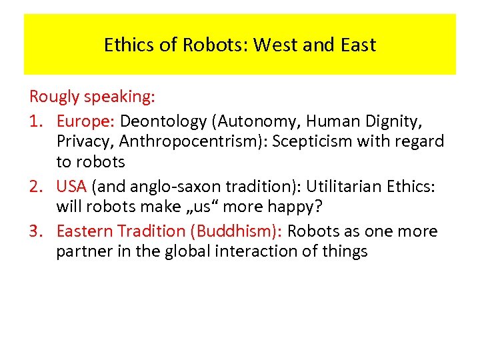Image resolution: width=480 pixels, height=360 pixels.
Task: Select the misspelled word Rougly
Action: pos(55,97)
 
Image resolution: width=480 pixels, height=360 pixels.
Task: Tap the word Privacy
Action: pos(82,141)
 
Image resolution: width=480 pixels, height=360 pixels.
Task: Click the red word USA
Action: pos(71,186)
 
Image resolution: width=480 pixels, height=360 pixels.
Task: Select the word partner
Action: pos(82,251)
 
